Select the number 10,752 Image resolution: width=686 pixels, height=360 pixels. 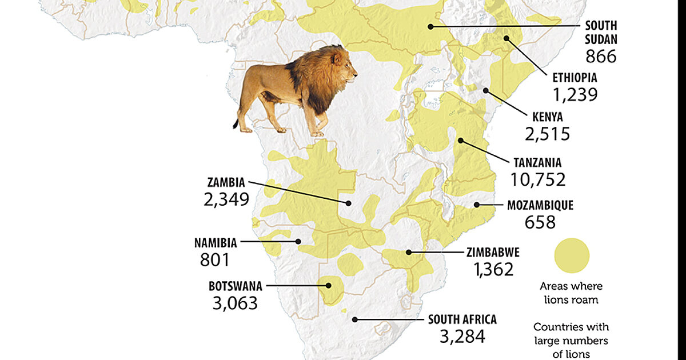(538, 179)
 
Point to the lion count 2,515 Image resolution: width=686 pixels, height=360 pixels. (547, 134)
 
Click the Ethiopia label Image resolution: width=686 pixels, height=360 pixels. (575, 77)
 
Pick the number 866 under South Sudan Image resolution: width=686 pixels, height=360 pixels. (601, 56)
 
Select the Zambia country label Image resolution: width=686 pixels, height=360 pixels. (226, 183)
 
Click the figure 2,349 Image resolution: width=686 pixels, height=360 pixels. (226, 199)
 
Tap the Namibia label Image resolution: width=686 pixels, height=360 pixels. (215, 242)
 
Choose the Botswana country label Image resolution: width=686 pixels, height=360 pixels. (235, 286)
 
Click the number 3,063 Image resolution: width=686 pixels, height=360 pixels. (235, 303)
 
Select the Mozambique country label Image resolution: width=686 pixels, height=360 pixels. (540, 205)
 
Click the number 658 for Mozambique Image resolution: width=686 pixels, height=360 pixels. (540, 222)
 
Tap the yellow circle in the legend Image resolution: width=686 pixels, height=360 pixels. (572, 255)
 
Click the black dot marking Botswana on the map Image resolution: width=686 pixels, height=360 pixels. (328, 285)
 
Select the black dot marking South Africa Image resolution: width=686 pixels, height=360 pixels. (355, 319)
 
